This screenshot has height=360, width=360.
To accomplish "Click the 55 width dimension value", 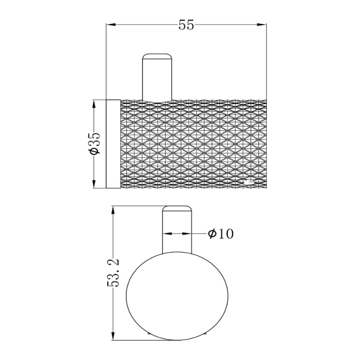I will tap(186, 25).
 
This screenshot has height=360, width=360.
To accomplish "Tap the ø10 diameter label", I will tap(220, 234).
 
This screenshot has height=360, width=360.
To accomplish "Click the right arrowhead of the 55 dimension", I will tap(262, 25).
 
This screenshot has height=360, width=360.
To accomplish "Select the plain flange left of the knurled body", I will tap(113, 144).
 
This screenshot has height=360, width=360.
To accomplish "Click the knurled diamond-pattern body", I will tap(193, 144).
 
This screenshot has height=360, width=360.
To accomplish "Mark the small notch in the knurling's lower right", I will tap(250, 182).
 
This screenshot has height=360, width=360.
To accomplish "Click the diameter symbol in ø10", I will tap(212, 234).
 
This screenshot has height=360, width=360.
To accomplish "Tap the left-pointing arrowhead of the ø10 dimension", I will tap(167, 233).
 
